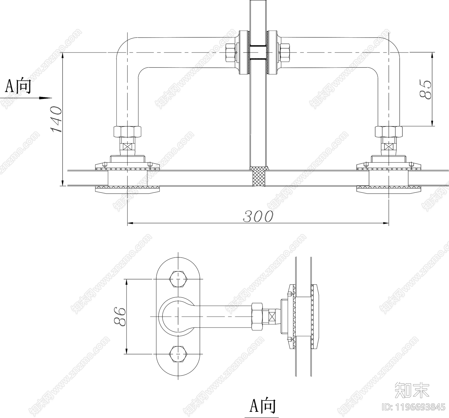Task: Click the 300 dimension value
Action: [x=258, y=216]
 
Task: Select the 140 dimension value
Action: [x=56, y=119]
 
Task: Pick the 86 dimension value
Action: [x=119, y=317]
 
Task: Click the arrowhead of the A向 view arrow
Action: [x=45, y=98]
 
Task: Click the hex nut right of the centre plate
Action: [x=285, y=53]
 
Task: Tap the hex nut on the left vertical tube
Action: [x=127, y=131]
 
